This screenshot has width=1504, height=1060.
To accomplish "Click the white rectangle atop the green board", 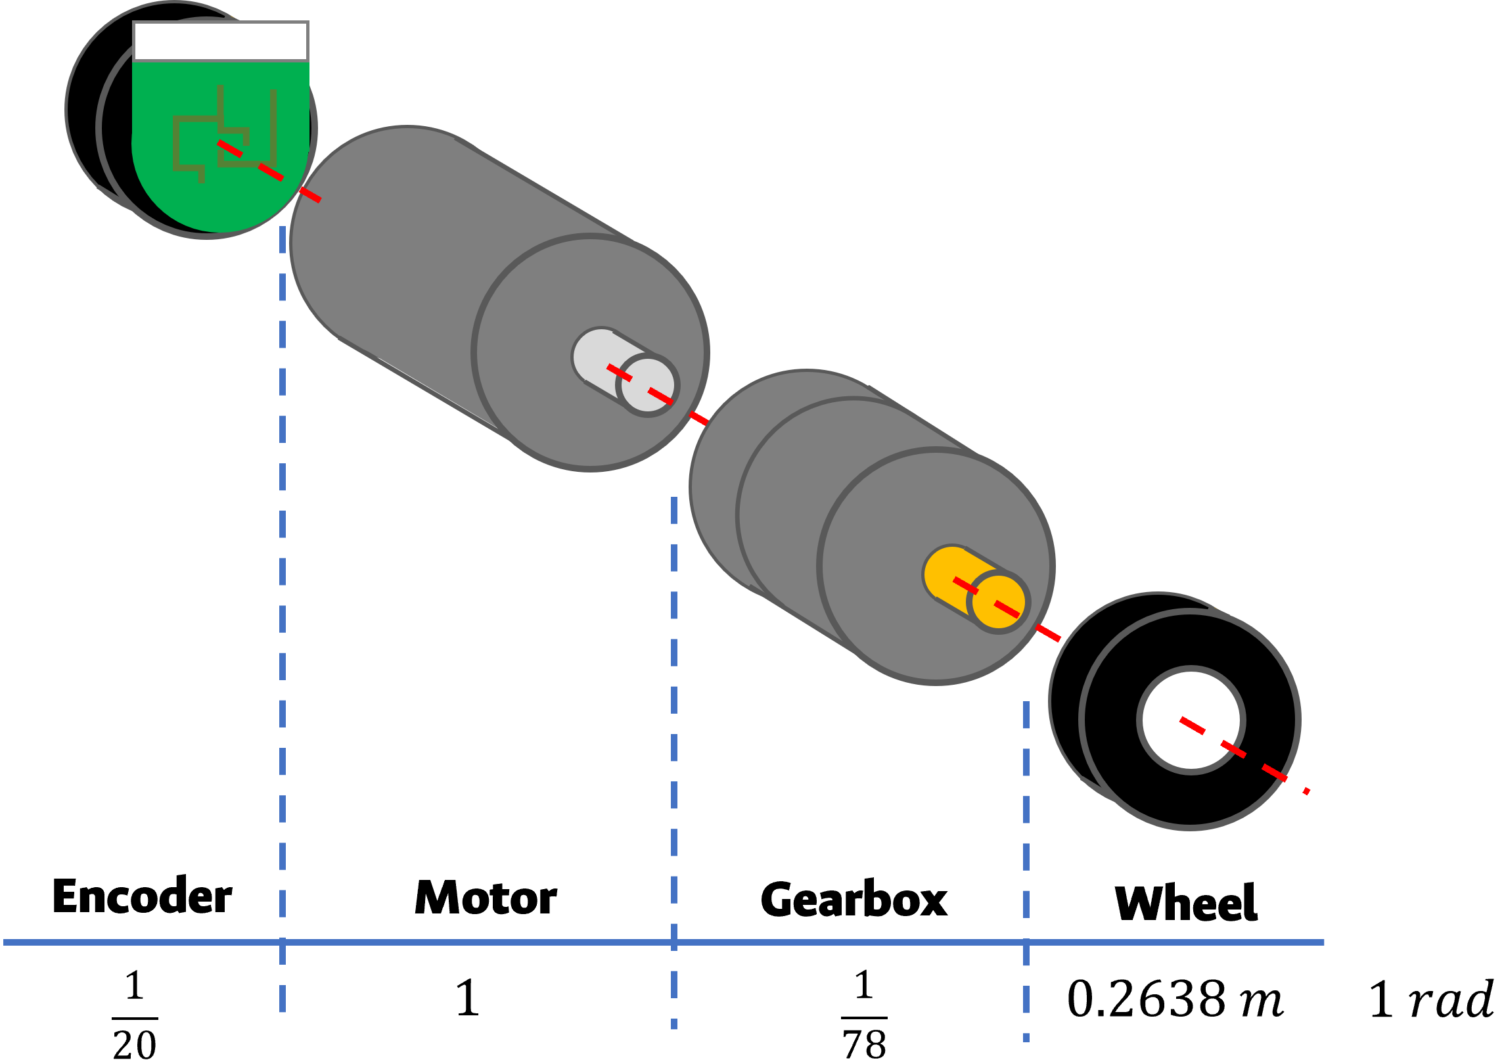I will pos(221,41).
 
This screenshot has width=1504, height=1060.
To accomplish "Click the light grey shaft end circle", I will pos(648,386).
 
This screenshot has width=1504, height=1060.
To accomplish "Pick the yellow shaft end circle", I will pos(999,603).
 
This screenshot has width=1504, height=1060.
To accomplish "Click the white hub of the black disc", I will pos(1191,720).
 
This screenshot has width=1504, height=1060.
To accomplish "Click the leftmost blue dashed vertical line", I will pos(283,591).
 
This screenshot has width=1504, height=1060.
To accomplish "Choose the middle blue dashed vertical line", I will pos(674,723).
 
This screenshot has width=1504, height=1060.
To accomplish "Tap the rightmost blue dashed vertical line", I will pos(1026,821).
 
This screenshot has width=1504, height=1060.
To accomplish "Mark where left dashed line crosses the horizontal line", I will pos(283,942).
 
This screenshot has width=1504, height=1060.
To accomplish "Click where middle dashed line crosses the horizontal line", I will pos(674,942).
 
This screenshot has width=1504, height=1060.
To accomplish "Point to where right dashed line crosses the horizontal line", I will pos(1026,942).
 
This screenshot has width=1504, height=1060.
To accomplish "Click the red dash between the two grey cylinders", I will pos(698,419).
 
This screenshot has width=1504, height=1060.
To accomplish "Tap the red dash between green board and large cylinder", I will pos(309,195).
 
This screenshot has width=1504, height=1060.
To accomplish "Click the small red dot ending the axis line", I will pos(1307,791).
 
